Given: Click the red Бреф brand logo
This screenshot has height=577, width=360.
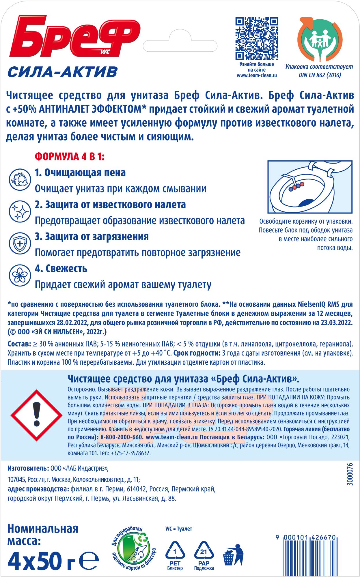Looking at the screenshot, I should [74, 36].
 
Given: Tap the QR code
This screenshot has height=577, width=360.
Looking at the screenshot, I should [256, 39].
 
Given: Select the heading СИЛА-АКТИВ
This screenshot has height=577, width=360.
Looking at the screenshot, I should [63, 72].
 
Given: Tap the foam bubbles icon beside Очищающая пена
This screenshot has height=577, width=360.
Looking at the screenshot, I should [20, 179].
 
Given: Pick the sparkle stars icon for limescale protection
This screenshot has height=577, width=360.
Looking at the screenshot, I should [20, 212].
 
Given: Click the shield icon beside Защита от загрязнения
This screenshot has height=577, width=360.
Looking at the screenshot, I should [20, 243].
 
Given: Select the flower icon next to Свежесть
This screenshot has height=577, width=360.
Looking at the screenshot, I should [20, 275].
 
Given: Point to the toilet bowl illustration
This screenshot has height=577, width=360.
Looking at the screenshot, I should [310, 187].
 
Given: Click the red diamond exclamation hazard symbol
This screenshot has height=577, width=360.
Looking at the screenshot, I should [36, 415].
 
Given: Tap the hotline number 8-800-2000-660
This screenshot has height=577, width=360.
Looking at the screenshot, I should [122, 437].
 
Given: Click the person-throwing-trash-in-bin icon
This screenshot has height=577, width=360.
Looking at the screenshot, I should [234, 554].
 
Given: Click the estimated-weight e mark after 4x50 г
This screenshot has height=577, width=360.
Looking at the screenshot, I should [89, 560].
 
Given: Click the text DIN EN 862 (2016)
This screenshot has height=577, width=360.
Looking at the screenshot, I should [320, 75].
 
